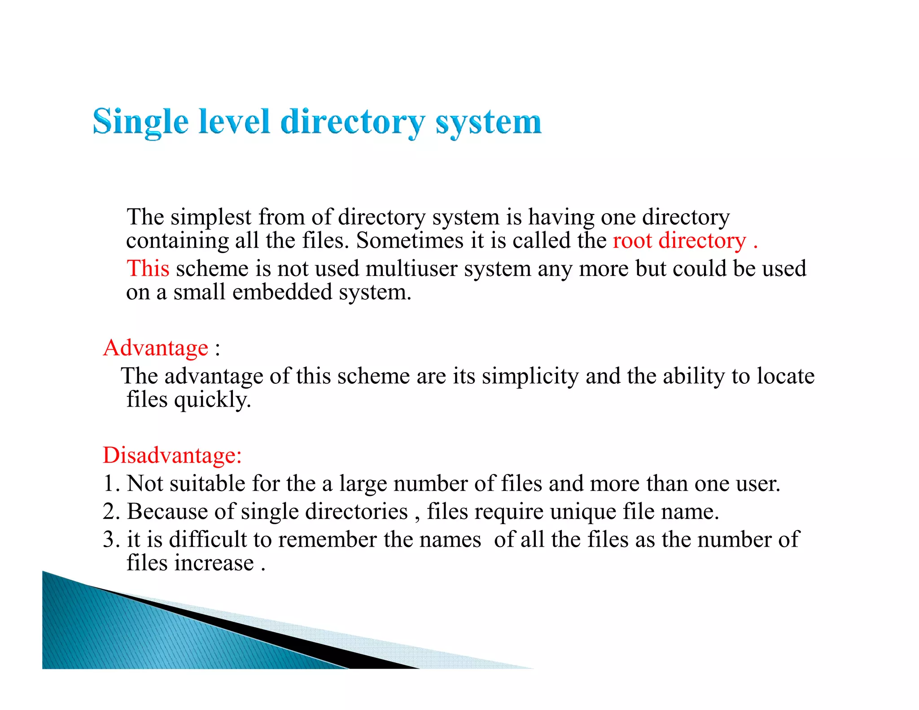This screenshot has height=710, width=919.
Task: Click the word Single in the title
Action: [140, 122]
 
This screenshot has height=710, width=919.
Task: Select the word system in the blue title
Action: [488, 122]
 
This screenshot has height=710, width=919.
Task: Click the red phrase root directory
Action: [679, 241]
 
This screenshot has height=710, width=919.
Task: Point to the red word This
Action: [148, 268]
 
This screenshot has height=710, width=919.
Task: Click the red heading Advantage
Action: [156, 348]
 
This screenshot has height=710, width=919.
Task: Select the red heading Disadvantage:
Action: [172, 455]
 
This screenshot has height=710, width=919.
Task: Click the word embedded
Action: [282, 292]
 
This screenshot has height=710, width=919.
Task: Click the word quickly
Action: [212, 399]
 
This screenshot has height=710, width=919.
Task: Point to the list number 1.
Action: [111, 484]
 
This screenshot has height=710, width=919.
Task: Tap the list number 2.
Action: [111, 512]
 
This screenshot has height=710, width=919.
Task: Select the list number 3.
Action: [111, 539]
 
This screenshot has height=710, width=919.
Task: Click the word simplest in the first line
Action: [211, 217]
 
